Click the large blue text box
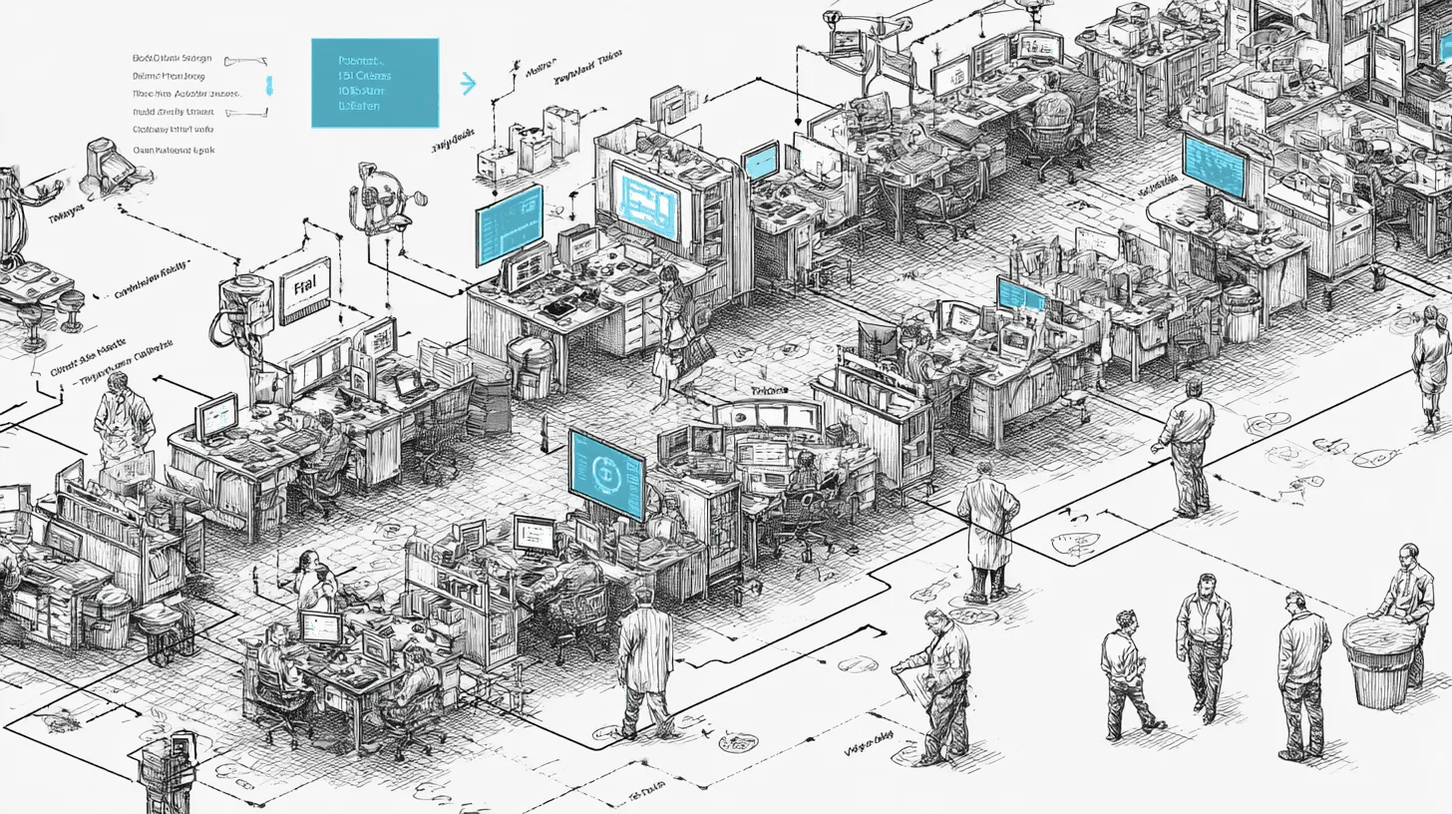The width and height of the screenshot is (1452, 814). click(374, 83)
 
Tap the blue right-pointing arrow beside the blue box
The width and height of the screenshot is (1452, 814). click(468, 84)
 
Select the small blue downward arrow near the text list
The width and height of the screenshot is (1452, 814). click(266, 86)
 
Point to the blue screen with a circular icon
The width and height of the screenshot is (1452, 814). click(606, 474)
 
